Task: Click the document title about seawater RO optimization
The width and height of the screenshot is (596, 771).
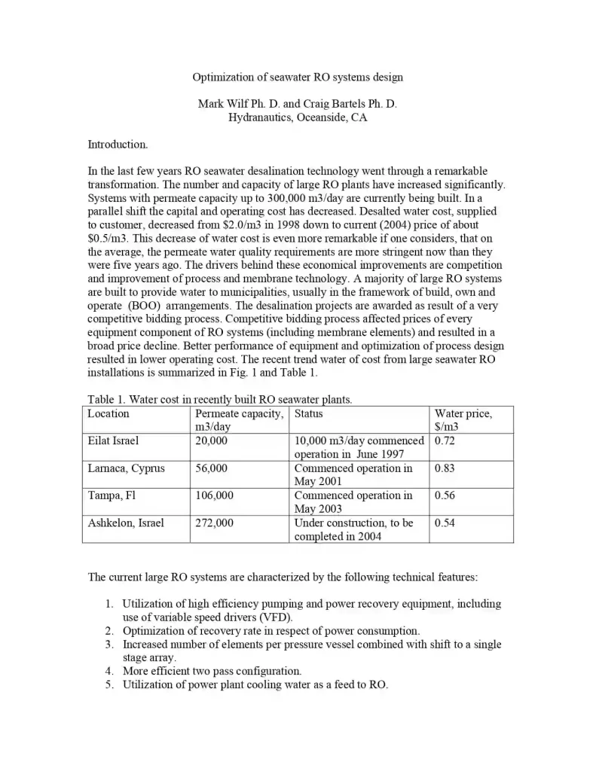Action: [298, 77]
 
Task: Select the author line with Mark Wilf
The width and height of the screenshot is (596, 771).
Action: [297, 104]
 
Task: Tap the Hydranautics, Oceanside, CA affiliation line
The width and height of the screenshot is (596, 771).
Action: [298, 117]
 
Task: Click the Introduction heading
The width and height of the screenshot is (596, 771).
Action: [118, 144]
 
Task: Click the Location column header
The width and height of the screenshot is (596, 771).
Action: [109, 413]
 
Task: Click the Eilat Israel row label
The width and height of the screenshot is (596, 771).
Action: [113, 440]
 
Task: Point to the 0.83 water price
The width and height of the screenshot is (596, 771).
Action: [445, 468]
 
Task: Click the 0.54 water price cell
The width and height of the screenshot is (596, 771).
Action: [445, 523]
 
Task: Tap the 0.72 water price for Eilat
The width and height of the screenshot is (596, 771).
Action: [445, 440]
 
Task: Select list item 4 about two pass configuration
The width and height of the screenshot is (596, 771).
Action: [212, 671]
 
